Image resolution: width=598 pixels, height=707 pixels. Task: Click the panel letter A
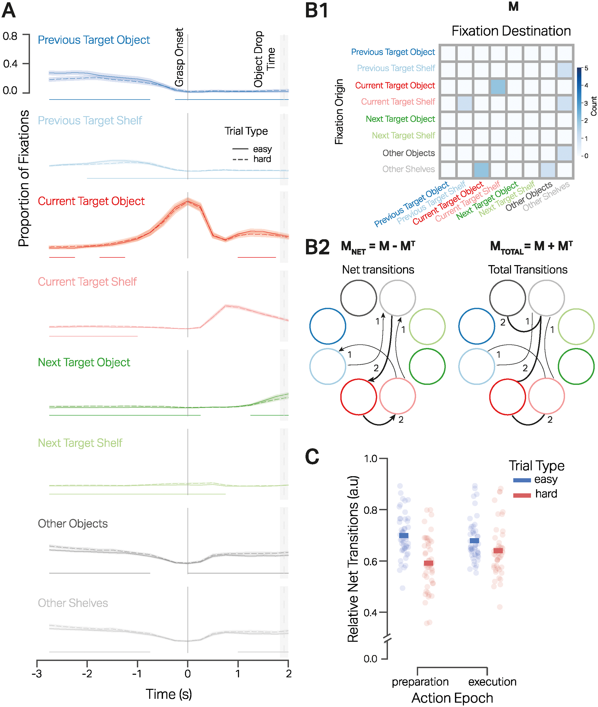point(9,11)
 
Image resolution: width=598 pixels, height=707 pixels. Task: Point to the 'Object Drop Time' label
point(264,59)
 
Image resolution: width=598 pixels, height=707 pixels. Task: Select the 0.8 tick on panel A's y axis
point(10,36)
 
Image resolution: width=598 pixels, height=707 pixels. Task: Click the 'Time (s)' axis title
point(169,694)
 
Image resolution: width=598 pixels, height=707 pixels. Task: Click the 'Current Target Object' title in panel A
point(91,201)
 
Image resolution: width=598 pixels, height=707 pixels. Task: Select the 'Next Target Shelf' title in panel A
point(80,443)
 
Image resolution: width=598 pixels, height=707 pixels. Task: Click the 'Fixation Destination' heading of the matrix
point(511,31)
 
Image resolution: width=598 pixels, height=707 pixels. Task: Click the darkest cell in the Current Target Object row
point(498,87)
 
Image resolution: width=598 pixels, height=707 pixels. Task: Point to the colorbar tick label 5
point(586,69)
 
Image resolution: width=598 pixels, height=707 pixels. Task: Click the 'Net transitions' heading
point(378,270)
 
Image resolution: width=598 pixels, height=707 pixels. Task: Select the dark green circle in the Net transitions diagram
point(427,367)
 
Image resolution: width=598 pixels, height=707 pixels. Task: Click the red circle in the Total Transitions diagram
point(507,396)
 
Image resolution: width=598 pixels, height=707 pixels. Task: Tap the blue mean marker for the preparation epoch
point(403,536)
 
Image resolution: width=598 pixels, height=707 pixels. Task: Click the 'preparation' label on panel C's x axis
point(420,681)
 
